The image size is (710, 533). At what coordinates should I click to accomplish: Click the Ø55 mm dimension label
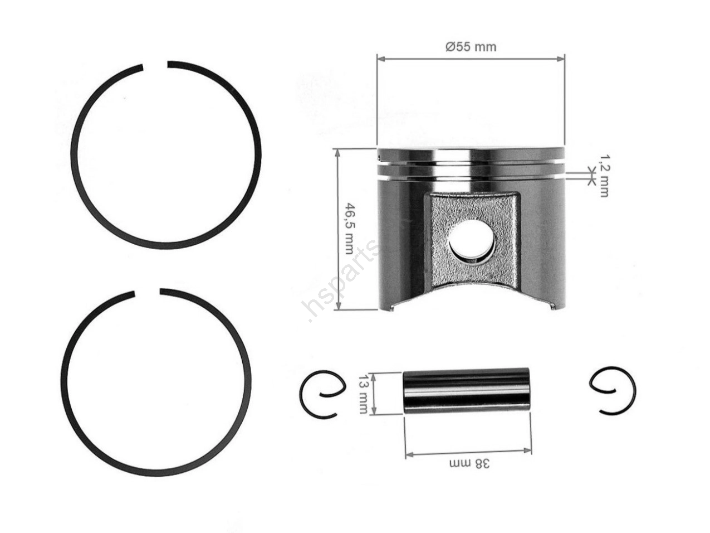[x=471, y=47]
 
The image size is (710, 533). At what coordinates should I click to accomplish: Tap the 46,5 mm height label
[x=349, y=229]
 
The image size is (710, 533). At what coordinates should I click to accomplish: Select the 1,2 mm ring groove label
[x=604, y=175]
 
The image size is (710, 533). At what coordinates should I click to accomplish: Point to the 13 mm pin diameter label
[x=364, y=394]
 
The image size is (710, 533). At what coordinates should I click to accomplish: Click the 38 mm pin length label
[x=469, y=464]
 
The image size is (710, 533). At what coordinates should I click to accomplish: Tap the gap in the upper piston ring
[x=155, y=65]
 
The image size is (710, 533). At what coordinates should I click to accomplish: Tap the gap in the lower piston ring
[x=147, y=293]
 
